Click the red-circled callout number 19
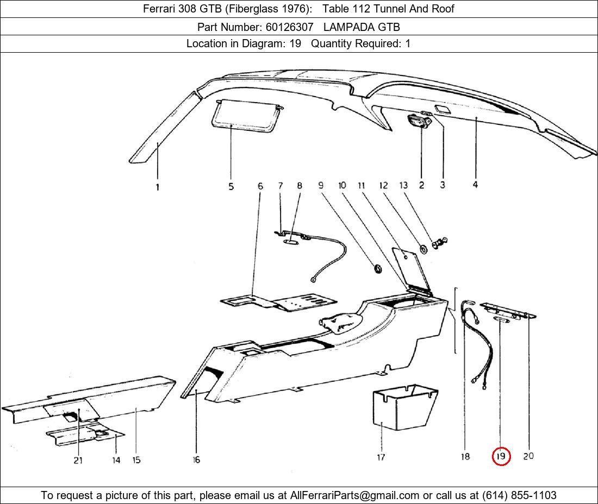[501, 456]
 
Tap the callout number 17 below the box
[381, 457]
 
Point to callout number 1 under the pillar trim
[158, 187]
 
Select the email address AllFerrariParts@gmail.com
[355, 495]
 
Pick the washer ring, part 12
[422, 249]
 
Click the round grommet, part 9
[376, 268]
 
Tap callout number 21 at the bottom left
[78, 460]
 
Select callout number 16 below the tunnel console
[196, 460]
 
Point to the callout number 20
[528, 456]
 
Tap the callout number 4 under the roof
[475, 185]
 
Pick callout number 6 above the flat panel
[260, 186]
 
